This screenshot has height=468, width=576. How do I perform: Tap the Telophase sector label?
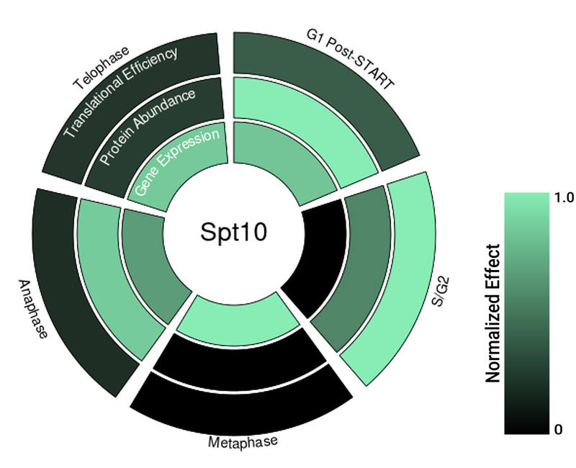click(101, 69)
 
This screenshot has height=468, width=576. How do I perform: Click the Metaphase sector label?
click(243, 441)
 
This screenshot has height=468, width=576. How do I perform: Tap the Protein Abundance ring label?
click(148, 127)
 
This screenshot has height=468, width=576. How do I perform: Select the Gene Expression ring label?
click(176, 165)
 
